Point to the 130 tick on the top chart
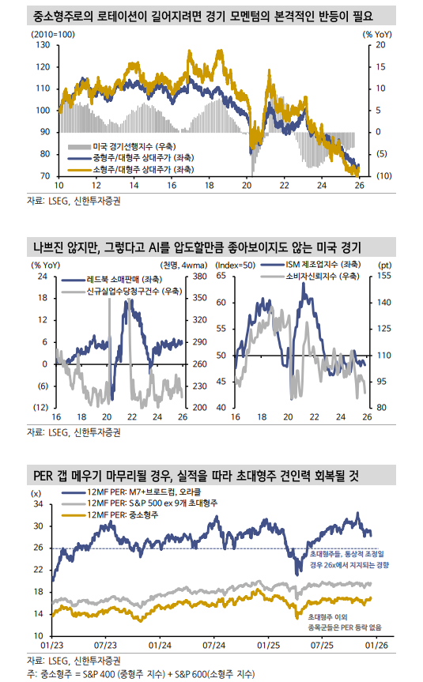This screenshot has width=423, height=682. click(42, 45)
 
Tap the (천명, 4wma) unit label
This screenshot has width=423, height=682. click(181, 265)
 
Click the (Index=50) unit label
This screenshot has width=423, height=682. click(234, 265)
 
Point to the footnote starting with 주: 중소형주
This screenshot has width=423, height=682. click(139, 673)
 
